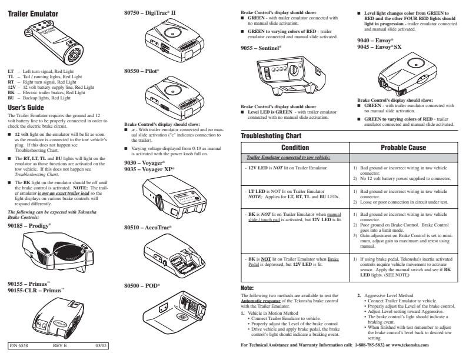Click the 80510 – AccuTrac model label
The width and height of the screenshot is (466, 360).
[x=148, y=227]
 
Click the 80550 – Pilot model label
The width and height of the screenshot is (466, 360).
[x=142, y=70]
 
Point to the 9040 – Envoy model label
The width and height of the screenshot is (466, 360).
[x=372, y=39]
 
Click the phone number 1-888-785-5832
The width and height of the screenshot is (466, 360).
[x=374, y=344]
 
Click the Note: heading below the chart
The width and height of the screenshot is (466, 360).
[x=247, y=288]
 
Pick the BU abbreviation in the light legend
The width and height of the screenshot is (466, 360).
[x=11, y=98]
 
